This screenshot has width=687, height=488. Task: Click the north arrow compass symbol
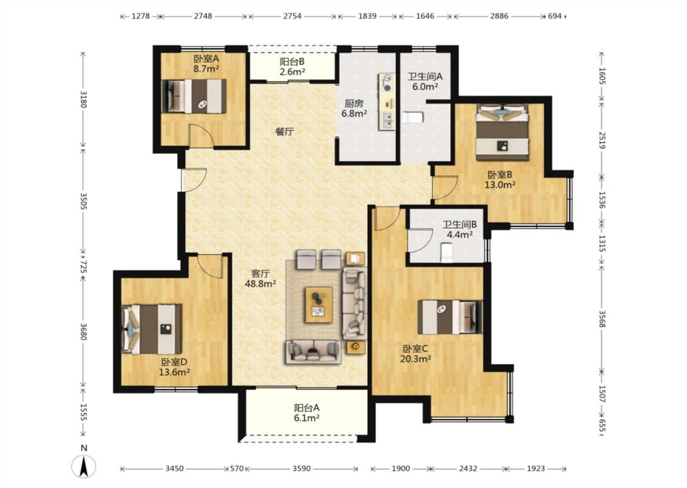[x=84, y=466]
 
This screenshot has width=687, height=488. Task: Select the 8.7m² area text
[x=206, y=69]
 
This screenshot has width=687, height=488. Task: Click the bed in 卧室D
[x=151, y=329]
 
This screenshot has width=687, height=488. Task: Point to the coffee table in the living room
[x=319, y=304]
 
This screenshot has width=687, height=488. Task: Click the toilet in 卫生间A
[x=412, y=117]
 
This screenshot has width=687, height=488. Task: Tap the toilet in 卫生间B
[x=446, y=253]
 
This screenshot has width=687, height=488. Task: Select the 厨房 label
[x=354, y=104]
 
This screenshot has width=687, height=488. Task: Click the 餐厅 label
[x=285, y=131]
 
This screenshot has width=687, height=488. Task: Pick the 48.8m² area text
[x=260, y=284]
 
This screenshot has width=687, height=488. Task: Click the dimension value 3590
[x=302, y=468]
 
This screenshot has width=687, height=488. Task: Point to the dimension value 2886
[x=499, y=16]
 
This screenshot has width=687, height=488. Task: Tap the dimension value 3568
[x=602, y=319]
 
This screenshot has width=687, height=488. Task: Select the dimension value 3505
[x=83, y=200]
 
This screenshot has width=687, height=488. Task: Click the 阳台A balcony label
[x=307, y=408]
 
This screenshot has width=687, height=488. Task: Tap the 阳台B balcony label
[x=293, y=62]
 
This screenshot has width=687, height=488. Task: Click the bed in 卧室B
[x=503, y=132]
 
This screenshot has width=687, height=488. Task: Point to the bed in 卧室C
[x=450, y=317]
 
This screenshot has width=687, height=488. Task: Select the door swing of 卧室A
[x=201, y=135]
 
